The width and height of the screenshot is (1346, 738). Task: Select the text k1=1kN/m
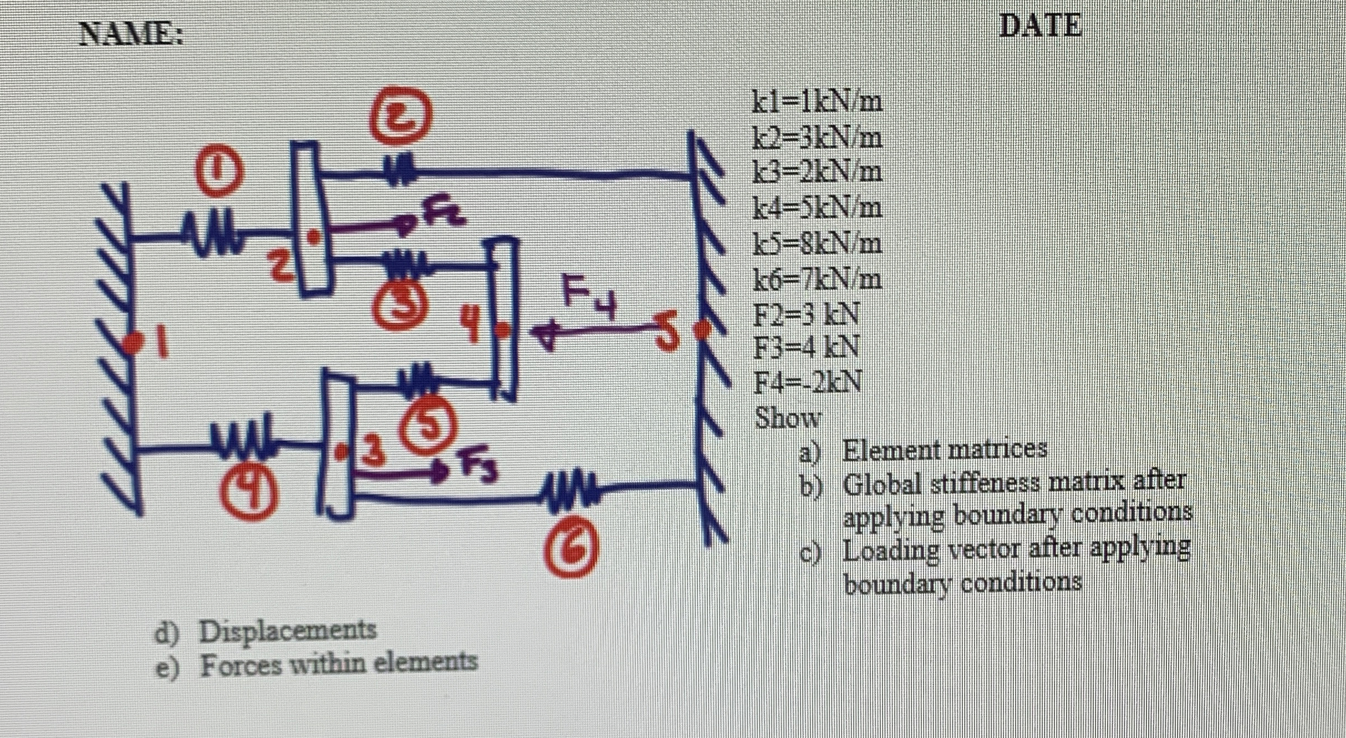click(817, 102)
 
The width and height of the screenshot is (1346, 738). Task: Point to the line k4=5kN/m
click(817, 209)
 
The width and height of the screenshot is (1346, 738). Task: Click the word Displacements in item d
click(288, 630)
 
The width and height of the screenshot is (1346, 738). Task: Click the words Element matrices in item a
click(945, 450)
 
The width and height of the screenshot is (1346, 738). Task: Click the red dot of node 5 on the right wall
click(704, 329)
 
